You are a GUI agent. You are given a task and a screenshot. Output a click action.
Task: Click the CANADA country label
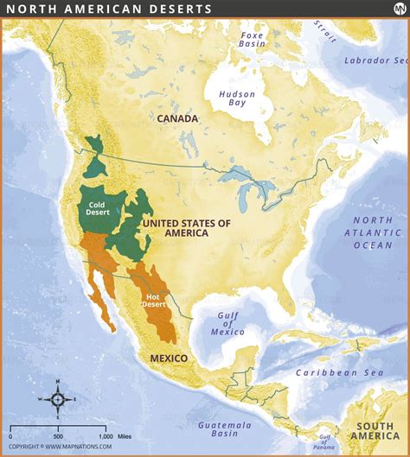[x=177, y=118]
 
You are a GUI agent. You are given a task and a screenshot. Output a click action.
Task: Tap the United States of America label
[x=187, y=228]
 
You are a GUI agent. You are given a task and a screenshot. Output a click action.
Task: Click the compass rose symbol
[x=57, y=398]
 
